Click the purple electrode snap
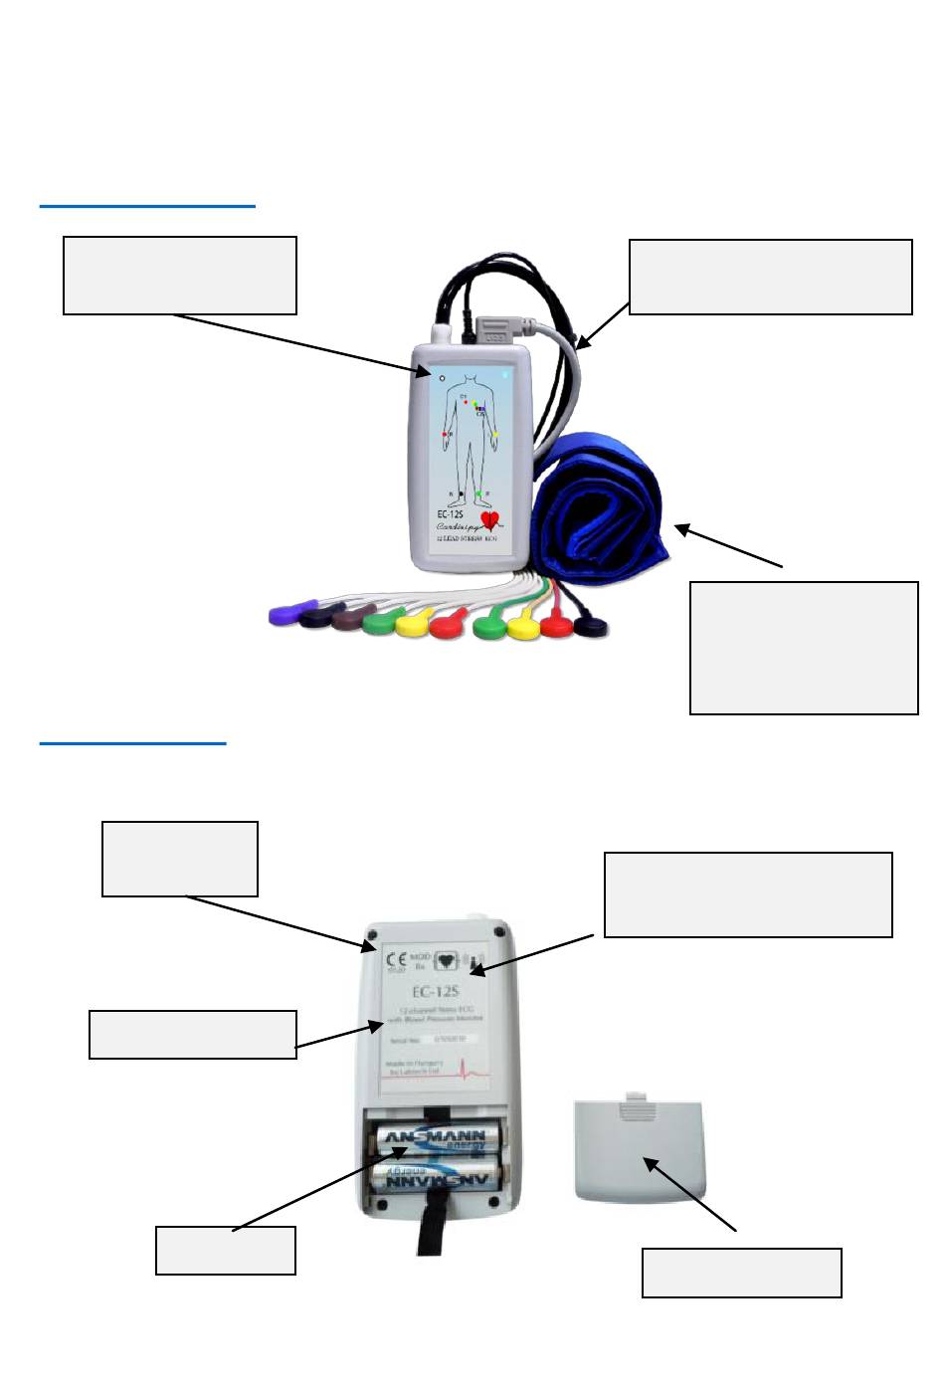point(286,613)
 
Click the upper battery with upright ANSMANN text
point(437,1140)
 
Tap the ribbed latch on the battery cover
point(634,1102)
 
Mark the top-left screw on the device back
point(370,936)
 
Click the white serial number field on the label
point(449,1039)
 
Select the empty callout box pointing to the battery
point(226,1251)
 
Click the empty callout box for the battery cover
point(741,1273)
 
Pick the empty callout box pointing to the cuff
point(803,648)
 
